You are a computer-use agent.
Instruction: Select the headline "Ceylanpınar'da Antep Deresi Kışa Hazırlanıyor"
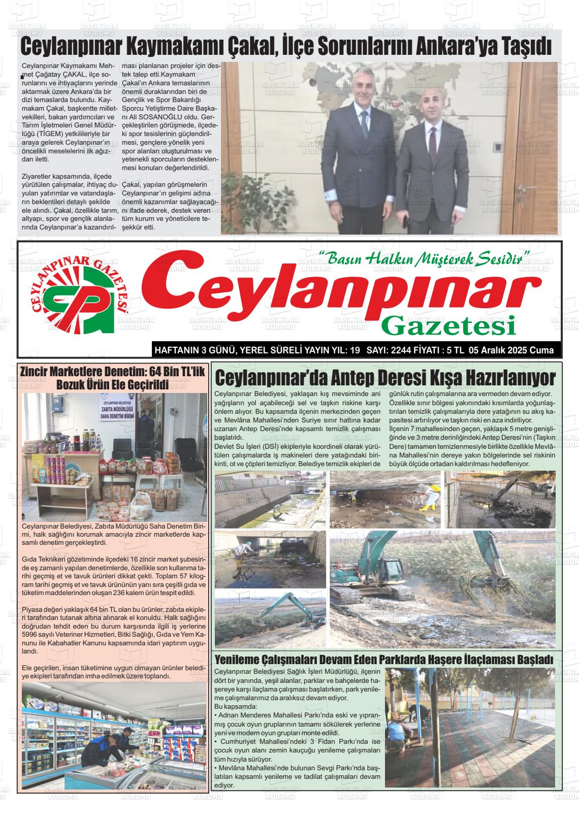[385, 378]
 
